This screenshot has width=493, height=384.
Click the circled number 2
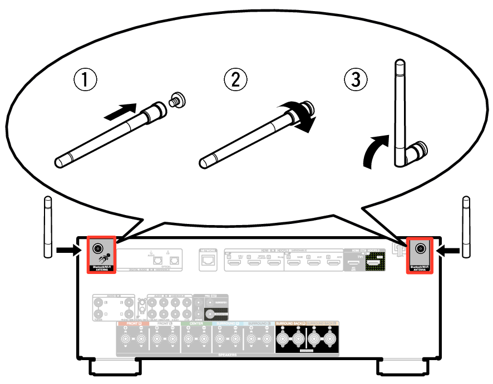(x=235, y=80)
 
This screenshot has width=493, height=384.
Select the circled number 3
(x=356, y=80)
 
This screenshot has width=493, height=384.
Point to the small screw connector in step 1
(x=178, y=101)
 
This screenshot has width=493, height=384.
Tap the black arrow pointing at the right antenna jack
(x=448, y=251)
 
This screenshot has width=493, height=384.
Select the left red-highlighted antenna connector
(x=99, y=248)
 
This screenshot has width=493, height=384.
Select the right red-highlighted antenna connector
(x=421, y=248)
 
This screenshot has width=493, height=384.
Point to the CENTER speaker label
(x=196, y=323)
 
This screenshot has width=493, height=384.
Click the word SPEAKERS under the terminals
(x=228, y=354)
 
